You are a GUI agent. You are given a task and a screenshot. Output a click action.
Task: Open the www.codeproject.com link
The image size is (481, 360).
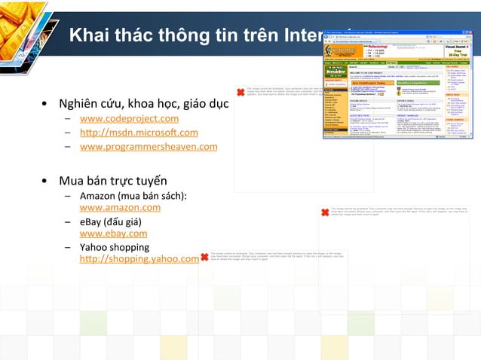tap(129, 119)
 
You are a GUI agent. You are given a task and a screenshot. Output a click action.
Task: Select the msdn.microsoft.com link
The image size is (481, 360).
tap(139, 133)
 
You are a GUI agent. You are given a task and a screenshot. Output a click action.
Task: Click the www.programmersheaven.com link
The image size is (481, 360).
tap(148, 146)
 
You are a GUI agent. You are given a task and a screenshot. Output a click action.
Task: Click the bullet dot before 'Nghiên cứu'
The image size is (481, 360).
tap(46, 103)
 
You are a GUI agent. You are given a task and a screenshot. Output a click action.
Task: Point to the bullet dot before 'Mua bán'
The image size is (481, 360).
tap(46, 182)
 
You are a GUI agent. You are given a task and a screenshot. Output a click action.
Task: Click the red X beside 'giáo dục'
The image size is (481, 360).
tap(240, 113)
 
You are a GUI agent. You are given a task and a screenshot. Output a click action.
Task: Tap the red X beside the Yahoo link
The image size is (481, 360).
tap(204, 258)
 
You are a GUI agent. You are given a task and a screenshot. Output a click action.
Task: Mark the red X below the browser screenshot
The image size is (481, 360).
tap(324, 213)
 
